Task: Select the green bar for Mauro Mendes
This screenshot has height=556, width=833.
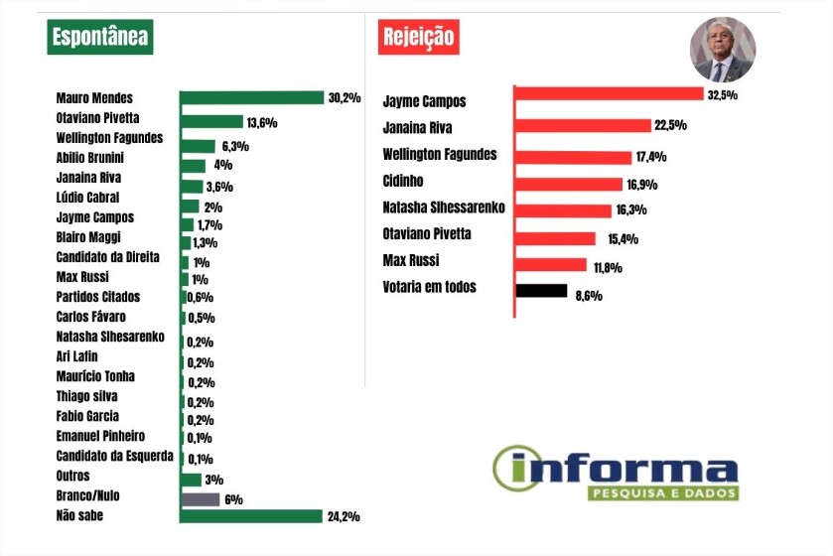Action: point(252,97)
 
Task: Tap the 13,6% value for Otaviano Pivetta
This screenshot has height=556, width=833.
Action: point(261,123)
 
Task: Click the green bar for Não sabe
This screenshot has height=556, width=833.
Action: point(251,516)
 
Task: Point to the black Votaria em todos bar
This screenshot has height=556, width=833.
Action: point(541,292)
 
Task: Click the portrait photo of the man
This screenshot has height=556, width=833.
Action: point(722,51)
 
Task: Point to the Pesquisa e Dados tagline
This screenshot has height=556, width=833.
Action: point(662,492)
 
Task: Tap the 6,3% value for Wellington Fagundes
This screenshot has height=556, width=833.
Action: point(234,147)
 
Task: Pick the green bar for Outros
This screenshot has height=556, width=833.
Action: point(191,480)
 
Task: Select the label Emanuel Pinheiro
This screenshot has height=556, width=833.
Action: point(101,436)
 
